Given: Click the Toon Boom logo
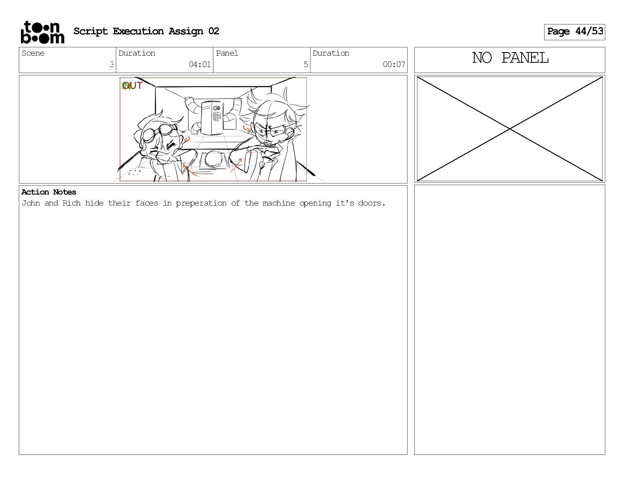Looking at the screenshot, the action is pos(43,32).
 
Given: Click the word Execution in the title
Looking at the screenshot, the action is pos(138,31).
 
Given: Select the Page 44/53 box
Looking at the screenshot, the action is pos(574,32).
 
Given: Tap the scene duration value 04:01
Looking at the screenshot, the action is pos(200,64).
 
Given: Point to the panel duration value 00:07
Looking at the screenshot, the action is pos(394,64).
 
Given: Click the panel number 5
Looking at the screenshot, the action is pos(306,64).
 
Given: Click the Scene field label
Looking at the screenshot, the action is pos(33,53).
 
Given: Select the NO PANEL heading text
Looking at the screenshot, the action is pos(510,58).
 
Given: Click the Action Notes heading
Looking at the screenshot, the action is pos(49,192).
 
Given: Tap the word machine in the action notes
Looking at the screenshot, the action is pos(279,203).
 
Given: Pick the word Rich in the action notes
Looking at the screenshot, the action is pos(71,203).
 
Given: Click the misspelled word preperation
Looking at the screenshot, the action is pos(201,204).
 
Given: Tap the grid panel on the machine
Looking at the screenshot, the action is pos(217,116).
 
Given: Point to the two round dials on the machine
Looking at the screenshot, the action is pos(217,108).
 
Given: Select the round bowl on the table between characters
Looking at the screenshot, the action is pos(213,159).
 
